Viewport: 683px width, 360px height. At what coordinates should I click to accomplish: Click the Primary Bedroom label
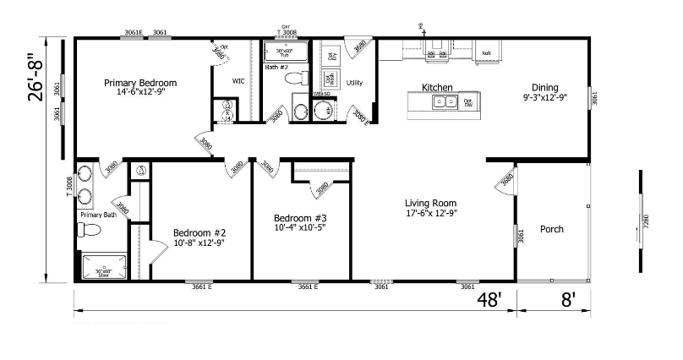[140, 83]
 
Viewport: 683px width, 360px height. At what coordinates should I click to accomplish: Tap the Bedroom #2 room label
[199, 232]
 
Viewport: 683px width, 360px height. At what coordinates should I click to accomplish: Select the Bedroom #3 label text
[301, 217]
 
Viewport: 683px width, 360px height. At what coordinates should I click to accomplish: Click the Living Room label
[430, 203]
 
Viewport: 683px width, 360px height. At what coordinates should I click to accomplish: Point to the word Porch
[552, 229]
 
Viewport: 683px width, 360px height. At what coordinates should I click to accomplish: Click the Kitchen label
[437, 88]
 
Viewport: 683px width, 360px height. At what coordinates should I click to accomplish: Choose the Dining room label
[544, 87]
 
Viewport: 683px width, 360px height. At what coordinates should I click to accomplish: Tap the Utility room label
[354, 83]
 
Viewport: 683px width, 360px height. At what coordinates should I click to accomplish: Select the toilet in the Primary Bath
[88, 230]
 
